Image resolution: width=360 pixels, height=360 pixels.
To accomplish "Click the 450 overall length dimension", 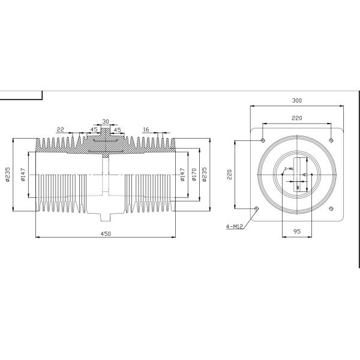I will pyautogui.click(x=106, y=235).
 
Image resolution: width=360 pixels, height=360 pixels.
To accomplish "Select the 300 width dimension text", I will pyautogui.click(x=296, y=100).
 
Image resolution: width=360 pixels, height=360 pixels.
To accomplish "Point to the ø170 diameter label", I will pyautogui.click(x=193, y=175).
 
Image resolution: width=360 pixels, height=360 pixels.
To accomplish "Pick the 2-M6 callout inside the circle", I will pyautogui.click(x=289, y=169).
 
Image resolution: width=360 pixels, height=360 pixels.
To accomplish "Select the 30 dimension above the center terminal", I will pyautogui.click(x=106, y=121).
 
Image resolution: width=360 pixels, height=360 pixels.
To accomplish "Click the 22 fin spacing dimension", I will pyautogui.click(x=61, y=129).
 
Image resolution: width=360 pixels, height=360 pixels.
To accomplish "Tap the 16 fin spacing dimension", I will pyautogui.click(x=146, y=129).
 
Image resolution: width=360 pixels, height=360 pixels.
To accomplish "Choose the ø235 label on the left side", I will pyautogui.click(x=8, y=174).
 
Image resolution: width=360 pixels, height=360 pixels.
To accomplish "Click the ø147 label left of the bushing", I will pyautogui.click(x=22, y=175).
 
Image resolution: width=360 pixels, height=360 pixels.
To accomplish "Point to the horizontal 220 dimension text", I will pyautogui.click(x=296, y=119).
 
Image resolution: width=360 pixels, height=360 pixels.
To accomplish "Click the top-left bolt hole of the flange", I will pyautogui.click(x=262, y=140).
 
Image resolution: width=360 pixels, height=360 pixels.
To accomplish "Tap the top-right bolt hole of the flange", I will pyautogui.click(x=331, y=140).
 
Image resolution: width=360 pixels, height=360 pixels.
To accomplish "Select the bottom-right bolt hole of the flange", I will pyautogui.click(x=331, y=209).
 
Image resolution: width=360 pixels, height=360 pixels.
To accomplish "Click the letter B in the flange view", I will pyautogui.click(x=296, y=187).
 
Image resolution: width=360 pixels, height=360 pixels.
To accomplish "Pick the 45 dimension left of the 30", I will pyautogui.click(x=94, y=129).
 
